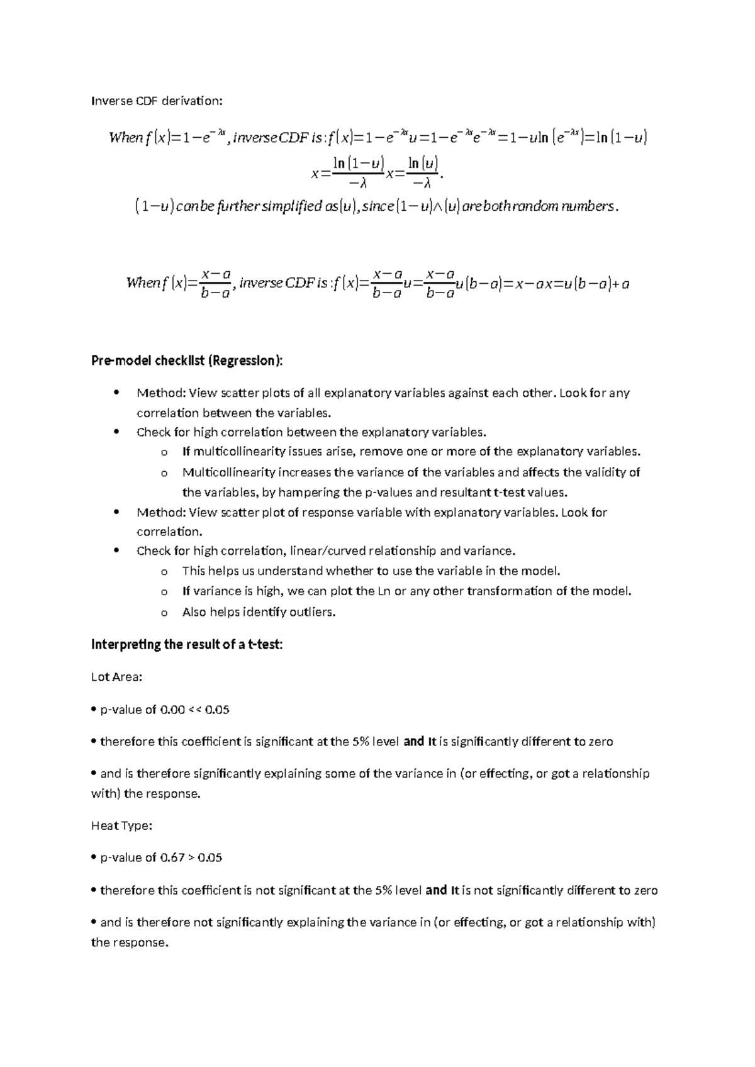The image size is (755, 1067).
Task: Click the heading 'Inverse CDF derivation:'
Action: click(157, 101)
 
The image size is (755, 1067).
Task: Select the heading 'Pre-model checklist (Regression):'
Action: click(187, 360)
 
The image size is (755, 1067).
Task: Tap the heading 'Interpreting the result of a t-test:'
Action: click(187, 644)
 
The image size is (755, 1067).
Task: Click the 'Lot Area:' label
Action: click(117, 677)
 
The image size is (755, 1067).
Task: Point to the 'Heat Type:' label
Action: click(121, 825)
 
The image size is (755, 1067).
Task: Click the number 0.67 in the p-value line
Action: click(173, 857)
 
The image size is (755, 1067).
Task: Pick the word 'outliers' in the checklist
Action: click(313, 612)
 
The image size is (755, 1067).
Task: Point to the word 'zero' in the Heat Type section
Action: click(645, 890)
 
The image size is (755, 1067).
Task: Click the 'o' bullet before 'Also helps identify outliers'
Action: click(164, 612)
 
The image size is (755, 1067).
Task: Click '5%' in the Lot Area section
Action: click(361, 741)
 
